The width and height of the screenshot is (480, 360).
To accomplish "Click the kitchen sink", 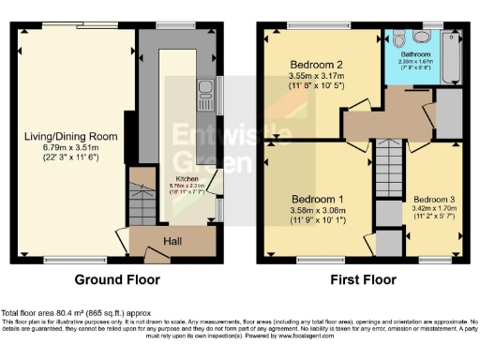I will (204, 92).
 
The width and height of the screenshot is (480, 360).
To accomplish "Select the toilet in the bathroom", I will (399, 38).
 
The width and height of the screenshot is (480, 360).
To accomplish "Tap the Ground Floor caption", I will (118, 279).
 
